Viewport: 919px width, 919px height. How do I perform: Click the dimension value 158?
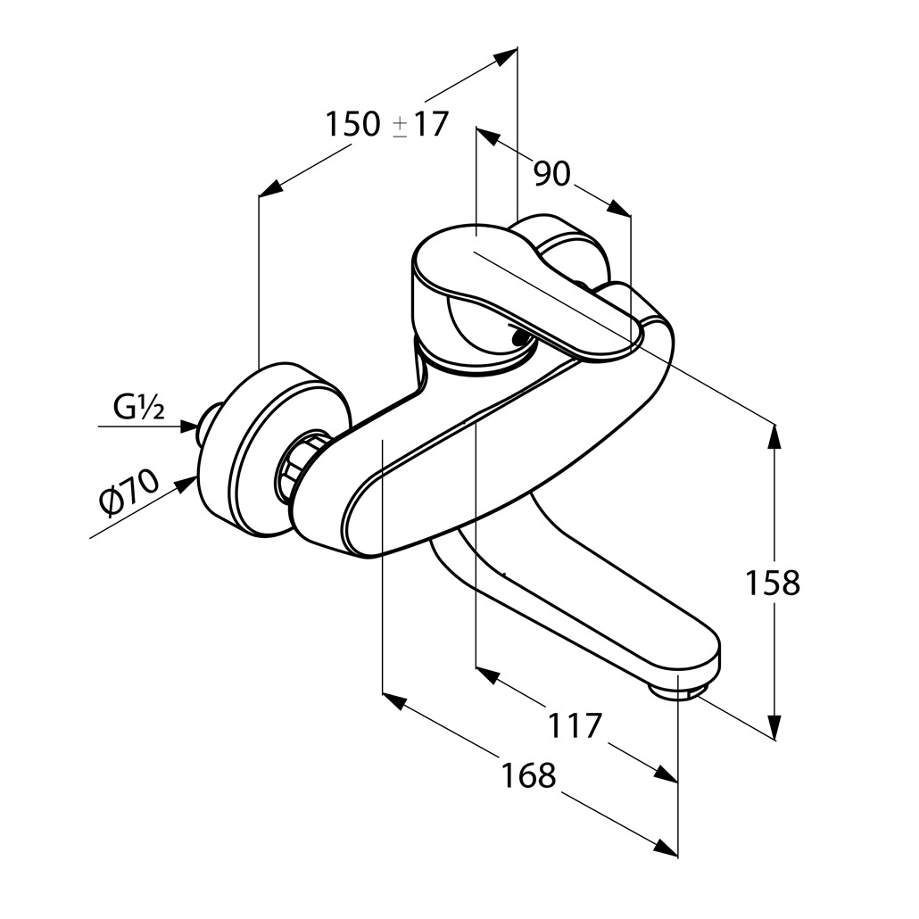773,584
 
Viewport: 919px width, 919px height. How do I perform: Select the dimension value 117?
575,725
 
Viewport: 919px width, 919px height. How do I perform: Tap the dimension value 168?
528,775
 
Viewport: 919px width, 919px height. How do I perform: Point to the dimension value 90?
551,174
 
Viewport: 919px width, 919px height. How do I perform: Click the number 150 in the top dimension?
352,125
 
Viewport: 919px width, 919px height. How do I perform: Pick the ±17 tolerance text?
419,125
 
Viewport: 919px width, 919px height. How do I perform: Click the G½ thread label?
139,409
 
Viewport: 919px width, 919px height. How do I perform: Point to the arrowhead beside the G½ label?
187,426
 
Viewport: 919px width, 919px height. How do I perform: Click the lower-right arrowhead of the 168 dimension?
664,849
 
